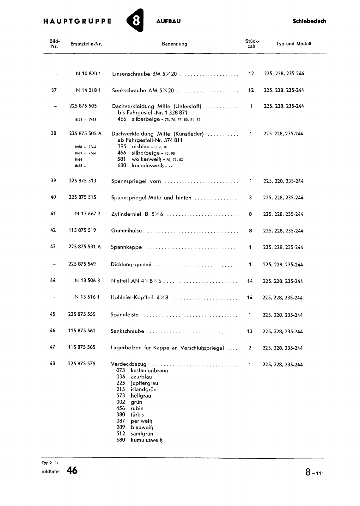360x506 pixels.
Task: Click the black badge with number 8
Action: click(135, 21)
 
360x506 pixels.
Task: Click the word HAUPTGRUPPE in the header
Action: click(77, 22)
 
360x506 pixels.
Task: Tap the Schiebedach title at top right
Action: click(309, 21)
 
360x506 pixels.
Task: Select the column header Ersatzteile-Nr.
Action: click(86, 44)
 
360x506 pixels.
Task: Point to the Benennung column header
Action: click(174, 44)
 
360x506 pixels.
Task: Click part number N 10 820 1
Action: click(88, 74)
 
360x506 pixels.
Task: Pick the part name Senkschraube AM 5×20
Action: click(143, 90)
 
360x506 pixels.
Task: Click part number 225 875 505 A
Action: click(85, 133)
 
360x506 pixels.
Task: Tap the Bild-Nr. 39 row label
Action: click(53, 181)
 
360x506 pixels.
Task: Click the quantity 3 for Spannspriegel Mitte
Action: click(250, 198)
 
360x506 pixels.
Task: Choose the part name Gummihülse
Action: click(126, 231)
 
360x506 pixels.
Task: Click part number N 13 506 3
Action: click(88, 281)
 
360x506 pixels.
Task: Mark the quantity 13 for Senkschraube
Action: click(250, 331)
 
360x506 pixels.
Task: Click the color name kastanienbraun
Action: click(149, 370)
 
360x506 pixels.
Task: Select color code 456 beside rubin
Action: click(121, 408)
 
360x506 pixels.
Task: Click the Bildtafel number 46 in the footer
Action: click(72, 471)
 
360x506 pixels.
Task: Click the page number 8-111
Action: click(314, 473)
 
